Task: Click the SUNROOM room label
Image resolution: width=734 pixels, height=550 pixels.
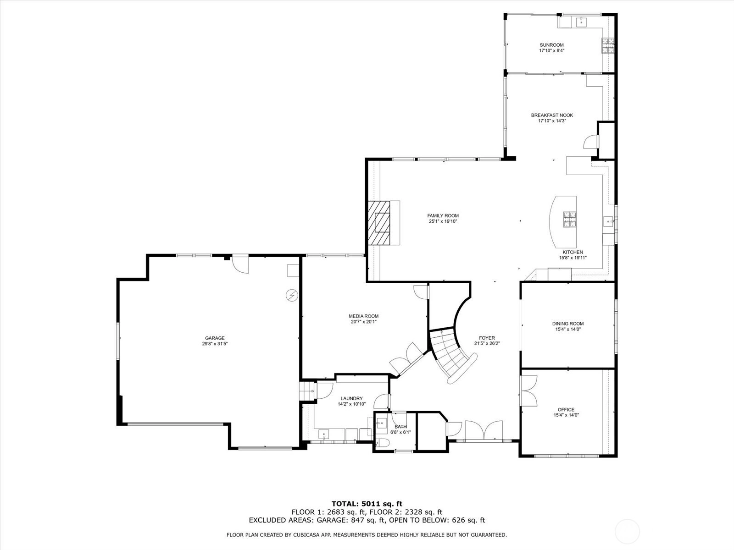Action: pyautogui.click(x=551, y=45)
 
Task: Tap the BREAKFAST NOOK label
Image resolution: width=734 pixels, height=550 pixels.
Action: pyautogui.click(x=552, y=115)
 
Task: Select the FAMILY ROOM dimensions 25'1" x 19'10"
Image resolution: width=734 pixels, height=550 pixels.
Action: pyautogui.click(x=443, y=221)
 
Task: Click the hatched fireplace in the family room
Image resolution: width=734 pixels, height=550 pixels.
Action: pyautogui.click(x=379, y=223)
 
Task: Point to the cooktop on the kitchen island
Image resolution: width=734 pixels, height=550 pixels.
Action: pyautogui.click(x=569, y=220)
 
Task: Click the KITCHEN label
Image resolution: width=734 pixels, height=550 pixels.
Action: pyautogui.click(x=573, y=252)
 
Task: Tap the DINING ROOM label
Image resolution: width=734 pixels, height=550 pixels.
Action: pyautogui.click(x=568, y=324)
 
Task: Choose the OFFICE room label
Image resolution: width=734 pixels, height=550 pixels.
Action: pyautogui.click(x=566, y=410)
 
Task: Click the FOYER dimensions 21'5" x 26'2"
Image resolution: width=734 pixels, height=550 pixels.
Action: pyautogui.click(x=487, y=343)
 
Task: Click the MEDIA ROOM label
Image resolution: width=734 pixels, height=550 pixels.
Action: pyautogui.click(x=363, y=316)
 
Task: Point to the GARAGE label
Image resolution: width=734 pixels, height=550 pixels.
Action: pyautogui.click(x=215, y=338)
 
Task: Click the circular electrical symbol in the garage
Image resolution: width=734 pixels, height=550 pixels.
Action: pyautogui.click(x=292, y=295)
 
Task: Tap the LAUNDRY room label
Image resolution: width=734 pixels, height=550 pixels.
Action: pyautogui.click(x=351, y=398)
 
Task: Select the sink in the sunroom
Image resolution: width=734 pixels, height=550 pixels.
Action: pyautogui.click(x=582, y=22)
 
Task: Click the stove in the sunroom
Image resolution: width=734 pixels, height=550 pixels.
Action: pyautogui.click(x=608, y=46)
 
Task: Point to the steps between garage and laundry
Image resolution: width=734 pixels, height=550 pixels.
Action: pyautogui.click(x=306, y=391)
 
